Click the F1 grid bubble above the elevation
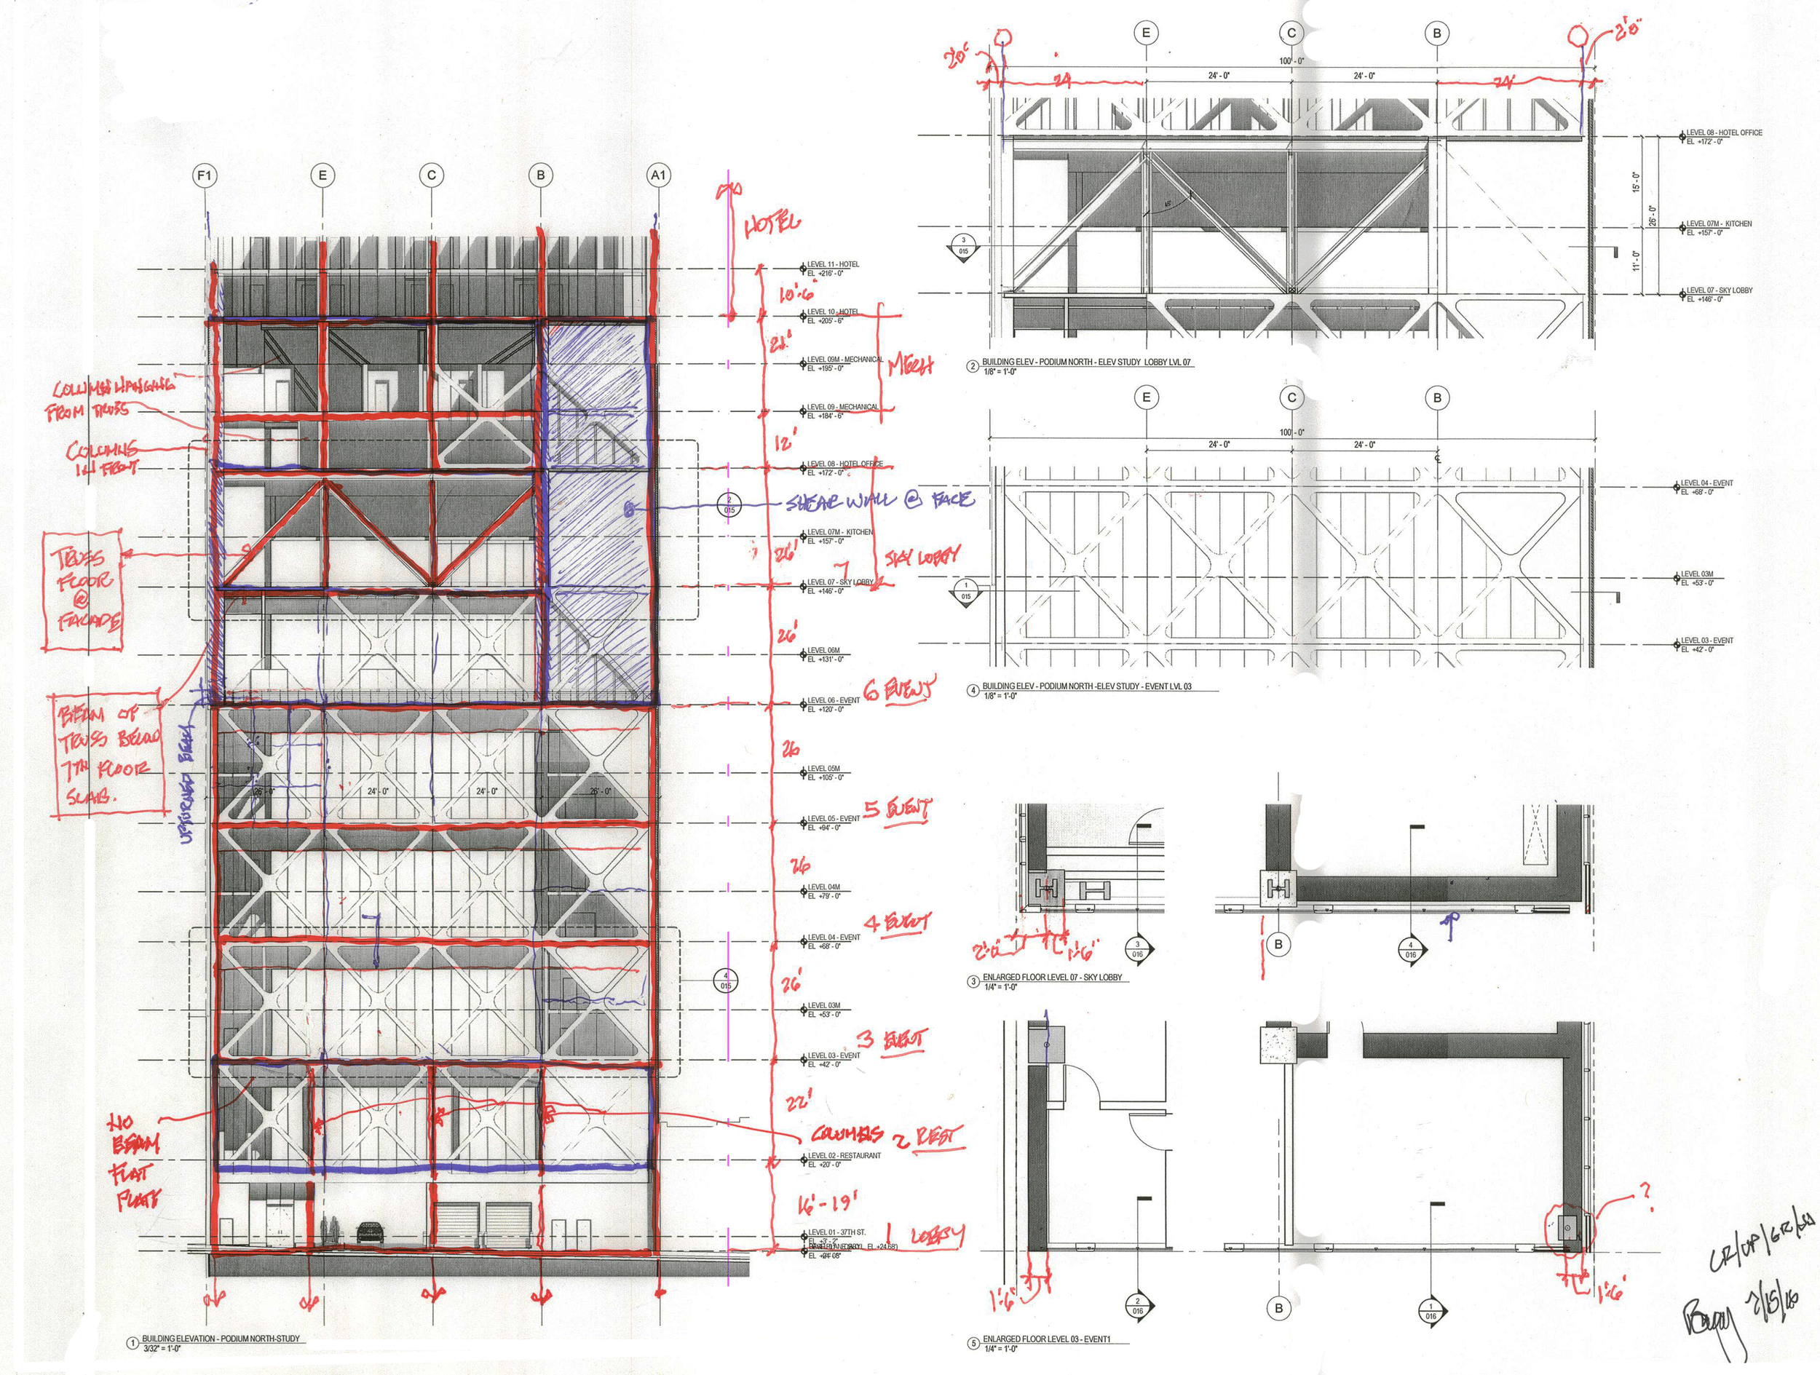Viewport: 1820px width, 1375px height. click(x=205, y=175)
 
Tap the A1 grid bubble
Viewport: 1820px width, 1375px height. click(x=658, y=175)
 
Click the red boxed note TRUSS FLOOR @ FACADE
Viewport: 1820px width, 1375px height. click(x=84, y=590)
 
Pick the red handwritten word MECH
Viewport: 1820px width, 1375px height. click(x=910, y=366)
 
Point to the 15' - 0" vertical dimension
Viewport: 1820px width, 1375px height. click(x=1636, y=182)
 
